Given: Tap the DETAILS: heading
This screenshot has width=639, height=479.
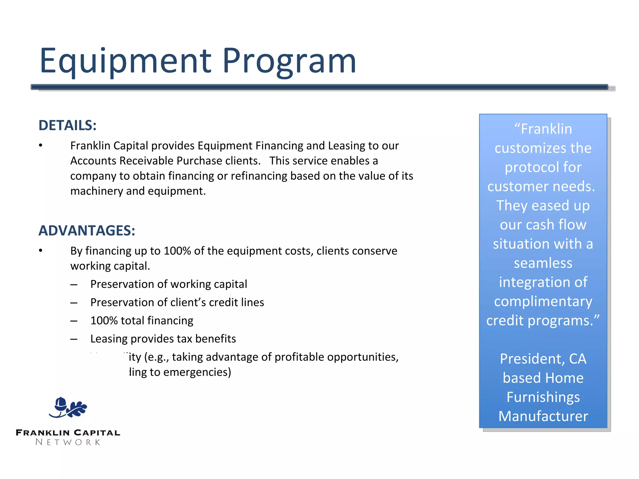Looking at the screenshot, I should click(67, 125).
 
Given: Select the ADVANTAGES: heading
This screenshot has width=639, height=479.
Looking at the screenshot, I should click(87, 231).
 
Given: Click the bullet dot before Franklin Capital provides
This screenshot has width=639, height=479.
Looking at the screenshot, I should click(41, 145).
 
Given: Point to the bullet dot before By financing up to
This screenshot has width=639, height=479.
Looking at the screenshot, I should click(41, 250).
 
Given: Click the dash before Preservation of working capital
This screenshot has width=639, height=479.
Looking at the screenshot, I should click(74, 284).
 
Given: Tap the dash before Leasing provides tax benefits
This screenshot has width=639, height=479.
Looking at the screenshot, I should click(74, 339).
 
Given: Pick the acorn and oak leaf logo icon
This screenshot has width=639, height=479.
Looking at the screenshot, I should click(68, 407).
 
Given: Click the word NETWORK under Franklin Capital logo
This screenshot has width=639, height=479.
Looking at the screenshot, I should click(68, 442).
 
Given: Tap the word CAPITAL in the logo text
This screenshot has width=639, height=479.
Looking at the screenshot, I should click(97, 433).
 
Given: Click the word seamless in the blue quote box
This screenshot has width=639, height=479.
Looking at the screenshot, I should click(543, 263).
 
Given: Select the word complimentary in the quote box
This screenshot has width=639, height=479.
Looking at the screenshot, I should click(543, 302).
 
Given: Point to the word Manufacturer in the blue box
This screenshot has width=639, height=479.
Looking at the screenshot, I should click(543, 416).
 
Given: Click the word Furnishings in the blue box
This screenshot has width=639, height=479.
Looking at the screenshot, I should click(543, 397).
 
